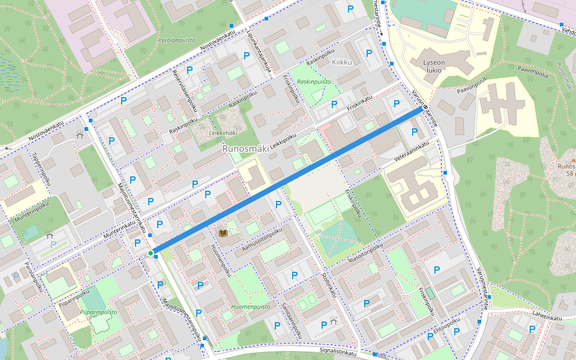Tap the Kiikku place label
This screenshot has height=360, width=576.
point(341,62)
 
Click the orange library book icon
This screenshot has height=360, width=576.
point(223,233)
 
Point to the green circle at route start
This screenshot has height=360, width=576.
point(151,253)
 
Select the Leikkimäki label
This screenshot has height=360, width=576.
point(223,133)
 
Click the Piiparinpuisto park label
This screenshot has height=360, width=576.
point(97,312)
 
